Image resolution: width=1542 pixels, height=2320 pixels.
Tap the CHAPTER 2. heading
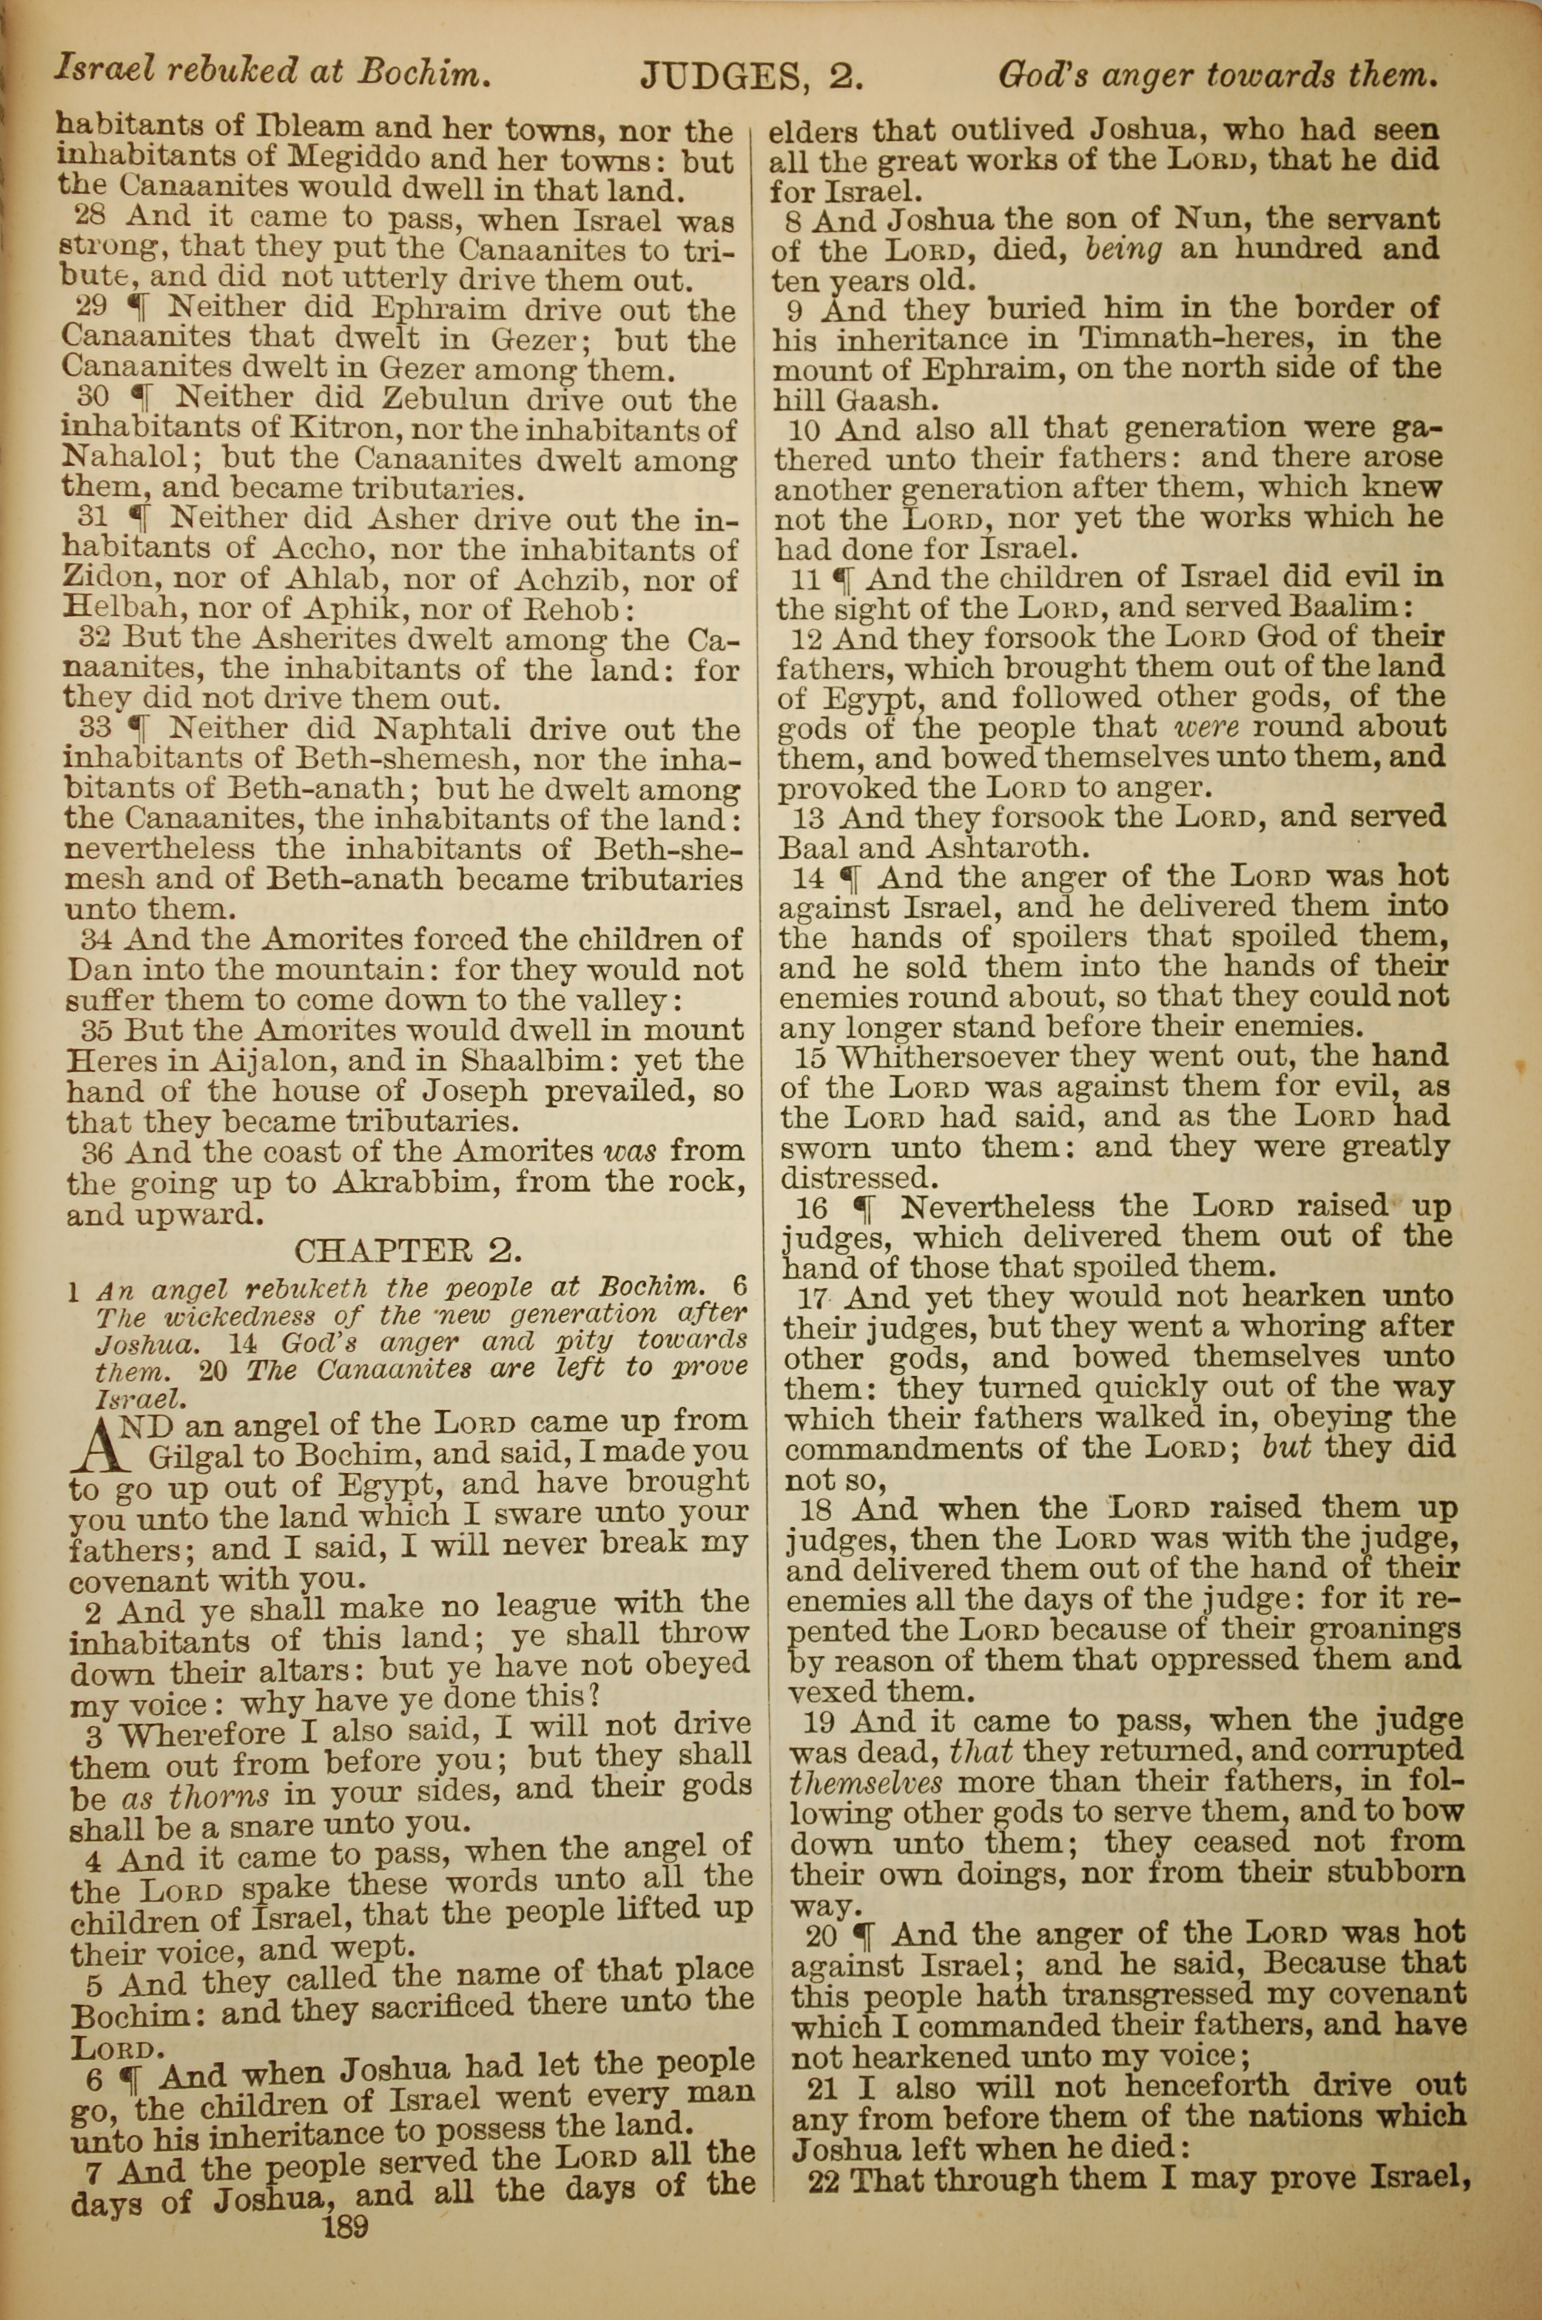click(x=408, y=1251)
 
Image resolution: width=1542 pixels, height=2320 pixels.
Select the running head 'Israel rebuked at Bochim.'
click(x=271, y=71)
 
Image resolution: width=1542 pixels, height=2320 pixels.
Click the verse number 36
click(x=96, y=1152)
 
